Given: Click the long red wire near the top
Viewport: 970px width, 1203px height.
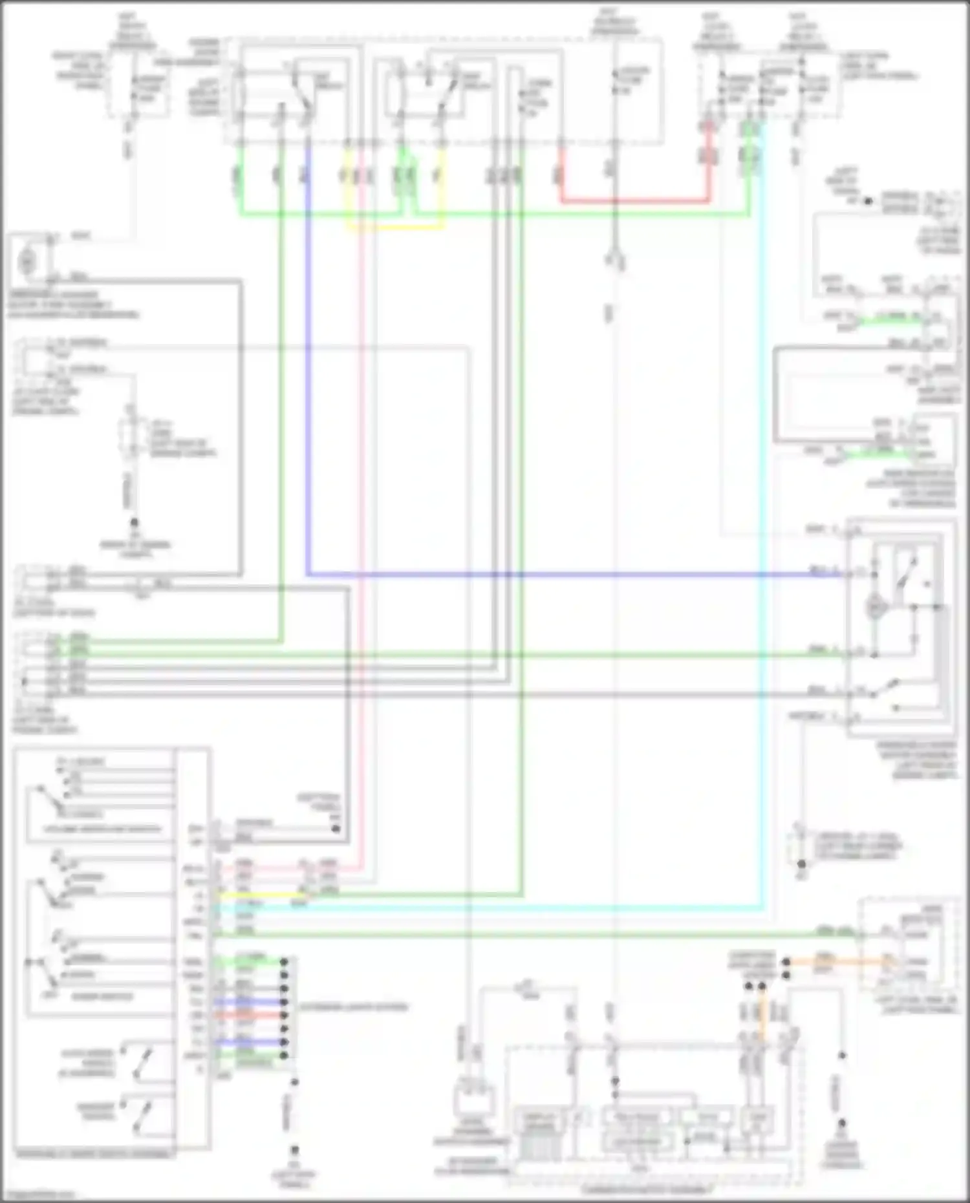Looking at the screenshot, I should (634, 202).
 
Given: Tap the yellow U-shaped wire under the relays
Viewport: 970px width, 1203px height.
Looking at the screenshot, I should (394, 228).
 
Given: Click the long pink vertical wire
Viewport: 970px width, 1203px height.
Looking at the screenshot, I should (361, 517).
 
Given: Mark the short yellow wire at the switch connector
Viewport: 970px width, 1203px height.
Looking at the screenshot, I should (259, 895).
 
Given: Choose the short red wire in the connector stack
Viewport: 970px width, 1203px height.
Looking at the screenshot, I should (249, 1015).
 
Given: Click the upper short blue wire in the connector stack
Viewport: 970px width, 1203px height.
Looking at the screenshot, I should (249, 1002).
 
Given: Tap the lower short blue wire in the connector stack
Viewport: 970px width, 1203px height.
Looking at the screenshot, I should (249, 1042).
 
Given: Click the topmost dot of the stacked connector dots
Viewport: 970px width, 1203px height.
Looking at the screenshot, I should (283, 962).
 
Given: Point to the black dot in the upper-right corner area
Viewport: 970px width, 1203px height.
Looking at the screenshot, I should (868, 201).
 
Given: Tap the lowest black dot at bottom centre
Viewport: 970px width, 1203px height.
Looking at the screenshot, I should (294, 1151).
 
